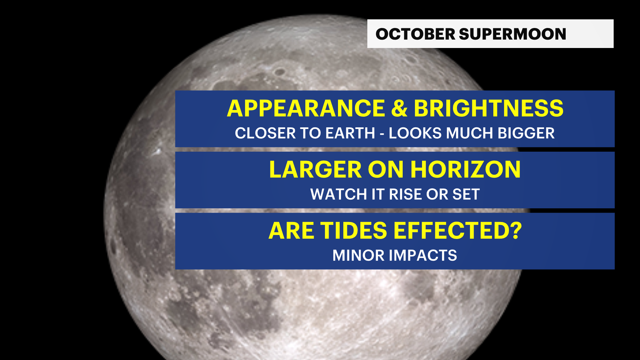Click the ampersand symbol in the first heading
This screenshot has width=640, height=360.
click(x=399, y=109)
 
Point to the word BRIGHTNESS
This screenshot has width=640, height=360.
click(x=488, y=109)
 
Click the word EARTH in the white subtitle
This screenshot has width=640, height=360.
click(x=350, y=133)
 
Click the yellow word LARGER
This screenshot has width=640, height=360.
click(x=315, y=170)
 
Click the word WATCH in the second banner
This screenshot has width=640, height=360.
click(x=339, y=194)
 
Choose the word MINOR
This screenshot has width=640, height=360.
click(x=359, y=256)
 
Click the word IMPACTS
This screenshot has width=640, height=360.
click(x=423, y=256)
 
